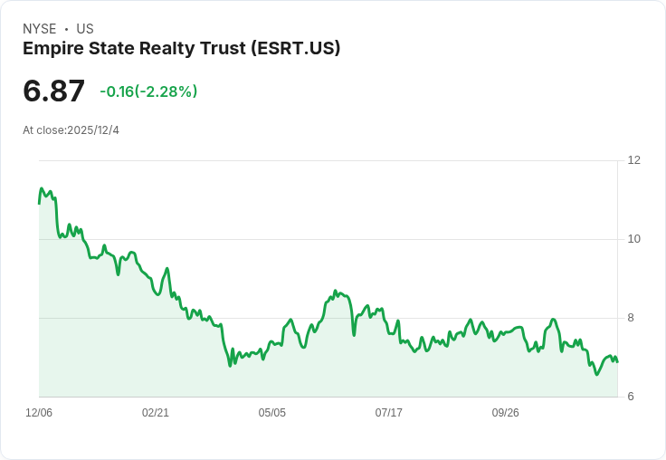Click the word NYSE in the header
click(x=39, y=29)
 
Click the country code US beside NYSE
click(x=85, y=29)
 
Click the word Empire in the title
click(x=52, y=49)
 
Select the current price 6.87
click(x=54, y=91)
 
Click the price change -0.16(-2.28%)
click(x=148, y=91)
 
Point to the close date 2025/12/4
click(x=93, y=130)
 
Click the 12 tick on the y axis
click(x=633, y=160)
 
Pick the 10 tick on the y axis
click(x=633, y=239)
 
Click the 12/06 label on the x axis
click(x=39, y=413)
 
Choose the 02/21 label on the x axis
click(x=156, y=413)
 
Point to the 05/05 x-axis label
click(x=272, y=413)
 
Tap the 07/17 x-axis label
click(x=389, y=413)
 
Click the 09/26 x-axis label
click(x=506, y=413)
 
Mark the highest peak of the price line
click(x=42, y=188)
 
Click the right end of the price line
click(x=617, y=361)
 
